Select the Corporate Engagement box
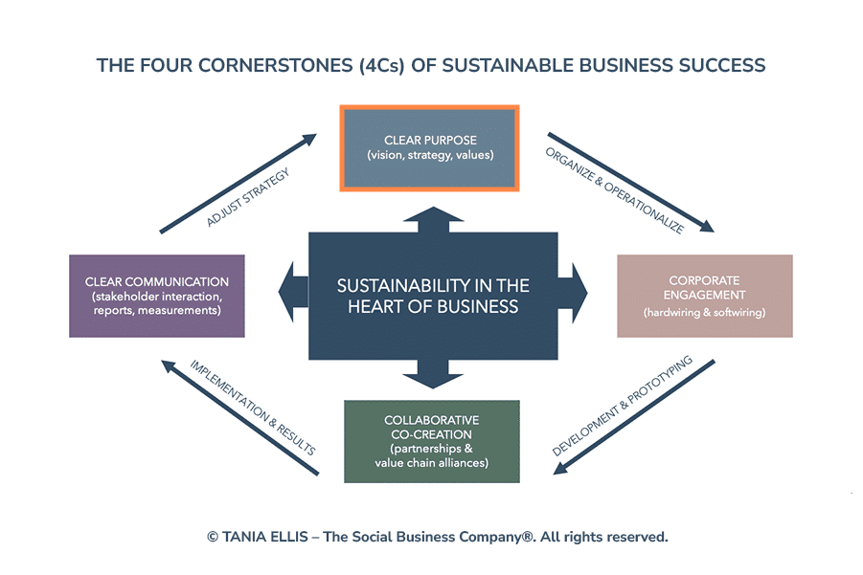tap(704, 295)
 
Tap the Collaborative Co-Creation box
tap(431, 441)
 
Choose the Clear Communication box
tap(157, 295)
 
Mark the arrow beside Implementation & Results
tap(239, 417)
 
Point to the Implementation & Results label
tap(253, 407)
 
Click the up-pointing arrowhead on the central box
tap(432, 217)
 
